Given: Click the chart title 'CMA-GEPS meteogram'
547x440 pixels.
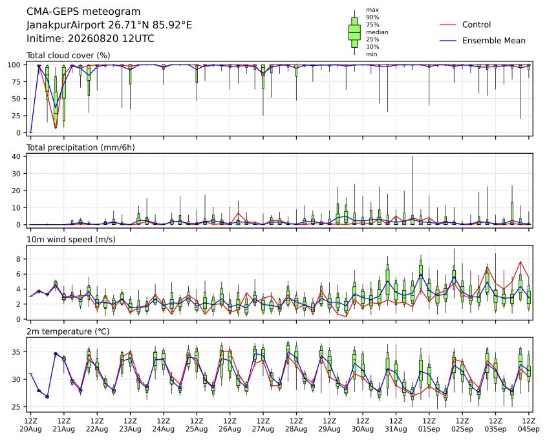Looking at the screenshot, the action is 83,12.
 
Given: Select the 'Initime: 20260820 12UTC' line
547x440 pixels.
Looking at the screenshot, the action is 91,38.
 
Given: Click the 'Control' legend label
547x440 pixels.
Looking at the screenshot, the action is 476,25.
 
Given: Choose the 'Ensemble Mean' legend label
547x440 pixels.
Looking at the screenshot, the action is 493,41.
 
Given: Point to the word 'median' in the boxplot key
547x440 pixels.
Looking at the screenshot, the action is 377,32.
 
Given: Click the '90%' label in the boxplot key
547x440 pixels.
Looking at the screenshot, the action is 372,17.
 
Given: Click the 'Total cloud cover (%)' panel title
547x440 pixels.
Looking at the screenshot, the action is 69,56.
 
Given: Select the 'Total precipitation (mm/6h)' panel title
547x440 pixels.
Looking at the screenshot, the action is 81,147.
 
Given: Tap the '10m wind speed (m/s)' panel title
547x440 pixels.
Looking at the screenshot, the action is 71,240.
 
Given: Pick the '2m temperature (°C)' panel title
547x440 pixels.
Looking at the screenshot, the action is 68,331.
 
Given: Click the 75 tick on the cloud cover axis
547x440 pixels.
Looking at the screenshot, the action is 16,81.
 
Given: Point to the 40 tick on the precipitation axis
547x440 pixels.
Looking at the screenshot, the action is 16,156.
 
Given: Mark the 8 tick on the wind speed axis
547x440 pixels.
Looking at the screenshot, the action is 19,259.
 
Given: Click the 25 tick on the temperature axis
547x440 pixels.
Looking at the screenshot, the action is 16,407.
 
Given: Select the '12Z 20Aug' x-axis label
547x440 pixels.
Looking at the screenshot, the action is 30,425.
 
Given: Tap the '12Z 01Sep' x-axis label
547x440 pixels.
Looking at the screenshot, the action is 429,425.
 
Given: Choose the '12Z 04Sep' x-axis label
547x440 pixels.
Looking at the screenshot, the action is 529,425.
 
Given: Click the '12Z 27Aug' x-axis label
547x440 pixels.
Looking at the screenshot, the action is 263,425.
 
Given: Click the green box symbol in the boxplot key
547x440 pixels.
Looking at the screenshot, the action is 354,32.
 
